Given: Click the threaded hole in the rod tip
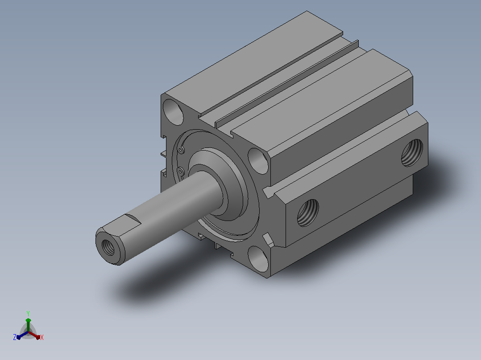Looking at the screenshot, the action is coord(108,248).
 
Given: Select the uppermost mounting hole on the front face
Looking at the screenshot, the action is coord(173,112).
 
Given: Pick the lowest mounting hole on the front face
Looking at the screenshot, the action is coord(258,259).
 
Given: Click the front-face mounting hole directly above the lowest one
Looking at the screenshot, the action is coord(258,161).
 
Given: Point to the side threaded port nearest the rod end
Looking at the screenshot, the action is coord(308,213).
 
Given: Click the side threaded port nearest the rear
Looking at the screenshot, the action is coord(412,152).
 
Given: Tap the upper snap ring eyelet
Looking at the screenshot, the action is coord(181,150).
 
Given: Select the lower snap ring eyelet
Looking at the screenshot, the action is coord(180,172).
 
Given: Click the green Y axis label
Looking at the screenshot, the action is coord(28,313).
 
